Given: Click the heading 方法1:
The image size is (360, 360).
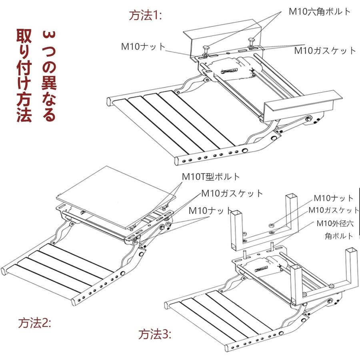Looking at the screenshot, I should [145, 16].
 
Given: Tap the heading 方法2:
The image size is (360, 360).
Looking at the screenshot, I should [35, 323].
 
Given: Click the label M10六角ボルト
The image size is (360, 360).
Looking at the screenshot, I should [320, 11].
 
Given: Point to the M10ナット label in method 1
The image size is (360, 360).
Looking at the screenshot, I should [143, 46].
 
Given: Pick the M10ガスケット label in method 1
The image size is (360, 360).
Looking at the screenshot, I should [325, 51].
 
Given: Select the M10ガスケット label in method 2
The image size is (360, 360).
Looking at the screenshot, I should [232, 194].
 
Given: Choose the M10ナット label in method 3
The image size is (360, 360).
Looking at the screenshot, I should [333, 198].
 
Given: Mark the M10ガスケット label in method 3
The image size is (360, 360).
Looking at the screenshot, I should [334, 210].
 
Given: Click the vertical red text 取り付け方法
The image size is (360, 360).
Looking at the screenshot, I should [24, 76].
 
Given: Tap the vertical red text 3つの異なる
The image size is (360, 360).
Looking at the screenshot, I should [49, 76].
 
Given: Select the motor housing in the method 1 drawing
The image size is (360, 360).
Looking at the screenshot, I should [232, 68].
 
